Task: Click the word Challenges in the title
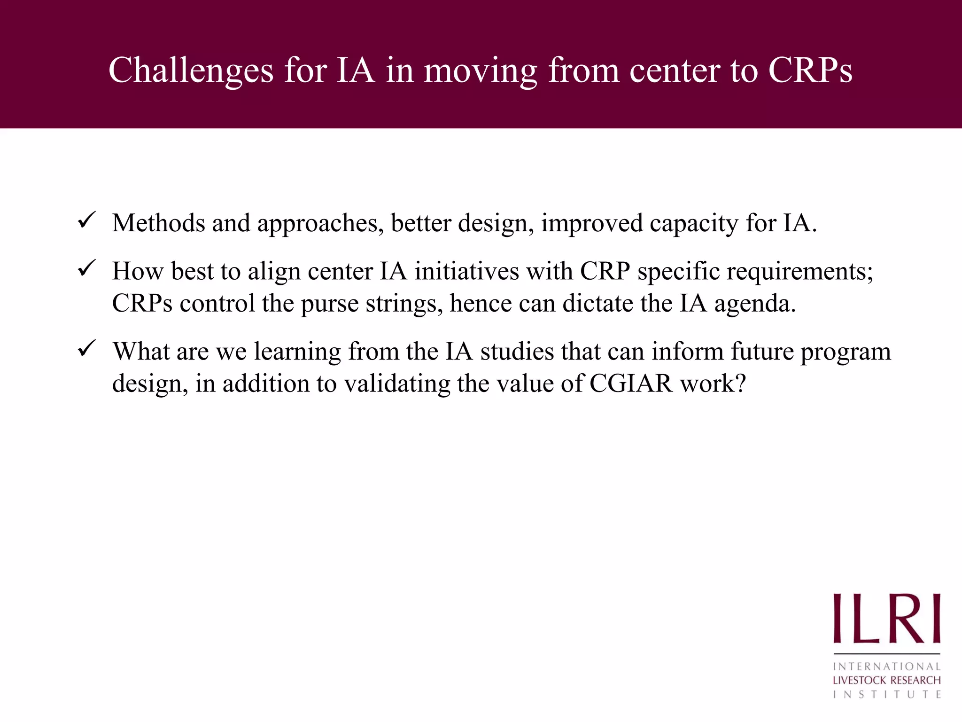(191, 71)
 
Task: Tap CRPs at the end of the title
(810, 71)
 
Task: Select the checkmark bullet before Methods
(87, 220)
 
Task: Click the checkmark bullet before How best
(87, 269)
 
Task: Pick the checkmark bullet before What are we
(87, 349)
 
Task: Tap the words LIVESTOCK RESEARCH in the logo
(886, 680)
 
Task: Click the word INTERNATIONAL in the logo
(886, 667)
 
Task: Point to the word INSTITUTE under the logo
(886, 694)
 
